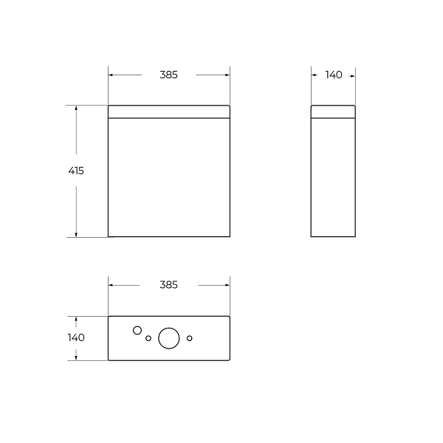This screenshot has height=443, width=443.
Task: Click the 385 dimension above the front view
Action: coord(168,75)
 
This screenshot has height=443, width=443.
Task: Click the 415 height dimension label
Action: coord(76,171)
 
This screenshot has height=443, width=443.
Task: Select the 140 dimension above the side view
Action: coord(334,75)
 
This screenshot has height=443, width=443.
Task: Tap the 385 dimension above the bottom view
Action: coord(168,285)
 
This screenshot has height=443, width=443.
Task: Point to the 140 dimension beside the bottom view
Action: coord(76,337)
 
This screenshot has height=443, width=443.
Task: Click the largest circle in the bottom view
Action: coord(169,338)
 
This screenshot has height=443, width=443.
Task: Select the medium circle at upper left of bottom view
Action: coord(137,330)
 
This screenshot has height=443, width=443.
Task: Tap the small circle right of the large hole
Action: coord(190,338)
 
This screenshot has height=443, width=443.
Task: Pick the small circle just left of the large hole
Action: coord(148,338)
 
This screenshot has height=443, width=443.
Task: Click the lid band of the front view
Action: coord(169,111)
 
